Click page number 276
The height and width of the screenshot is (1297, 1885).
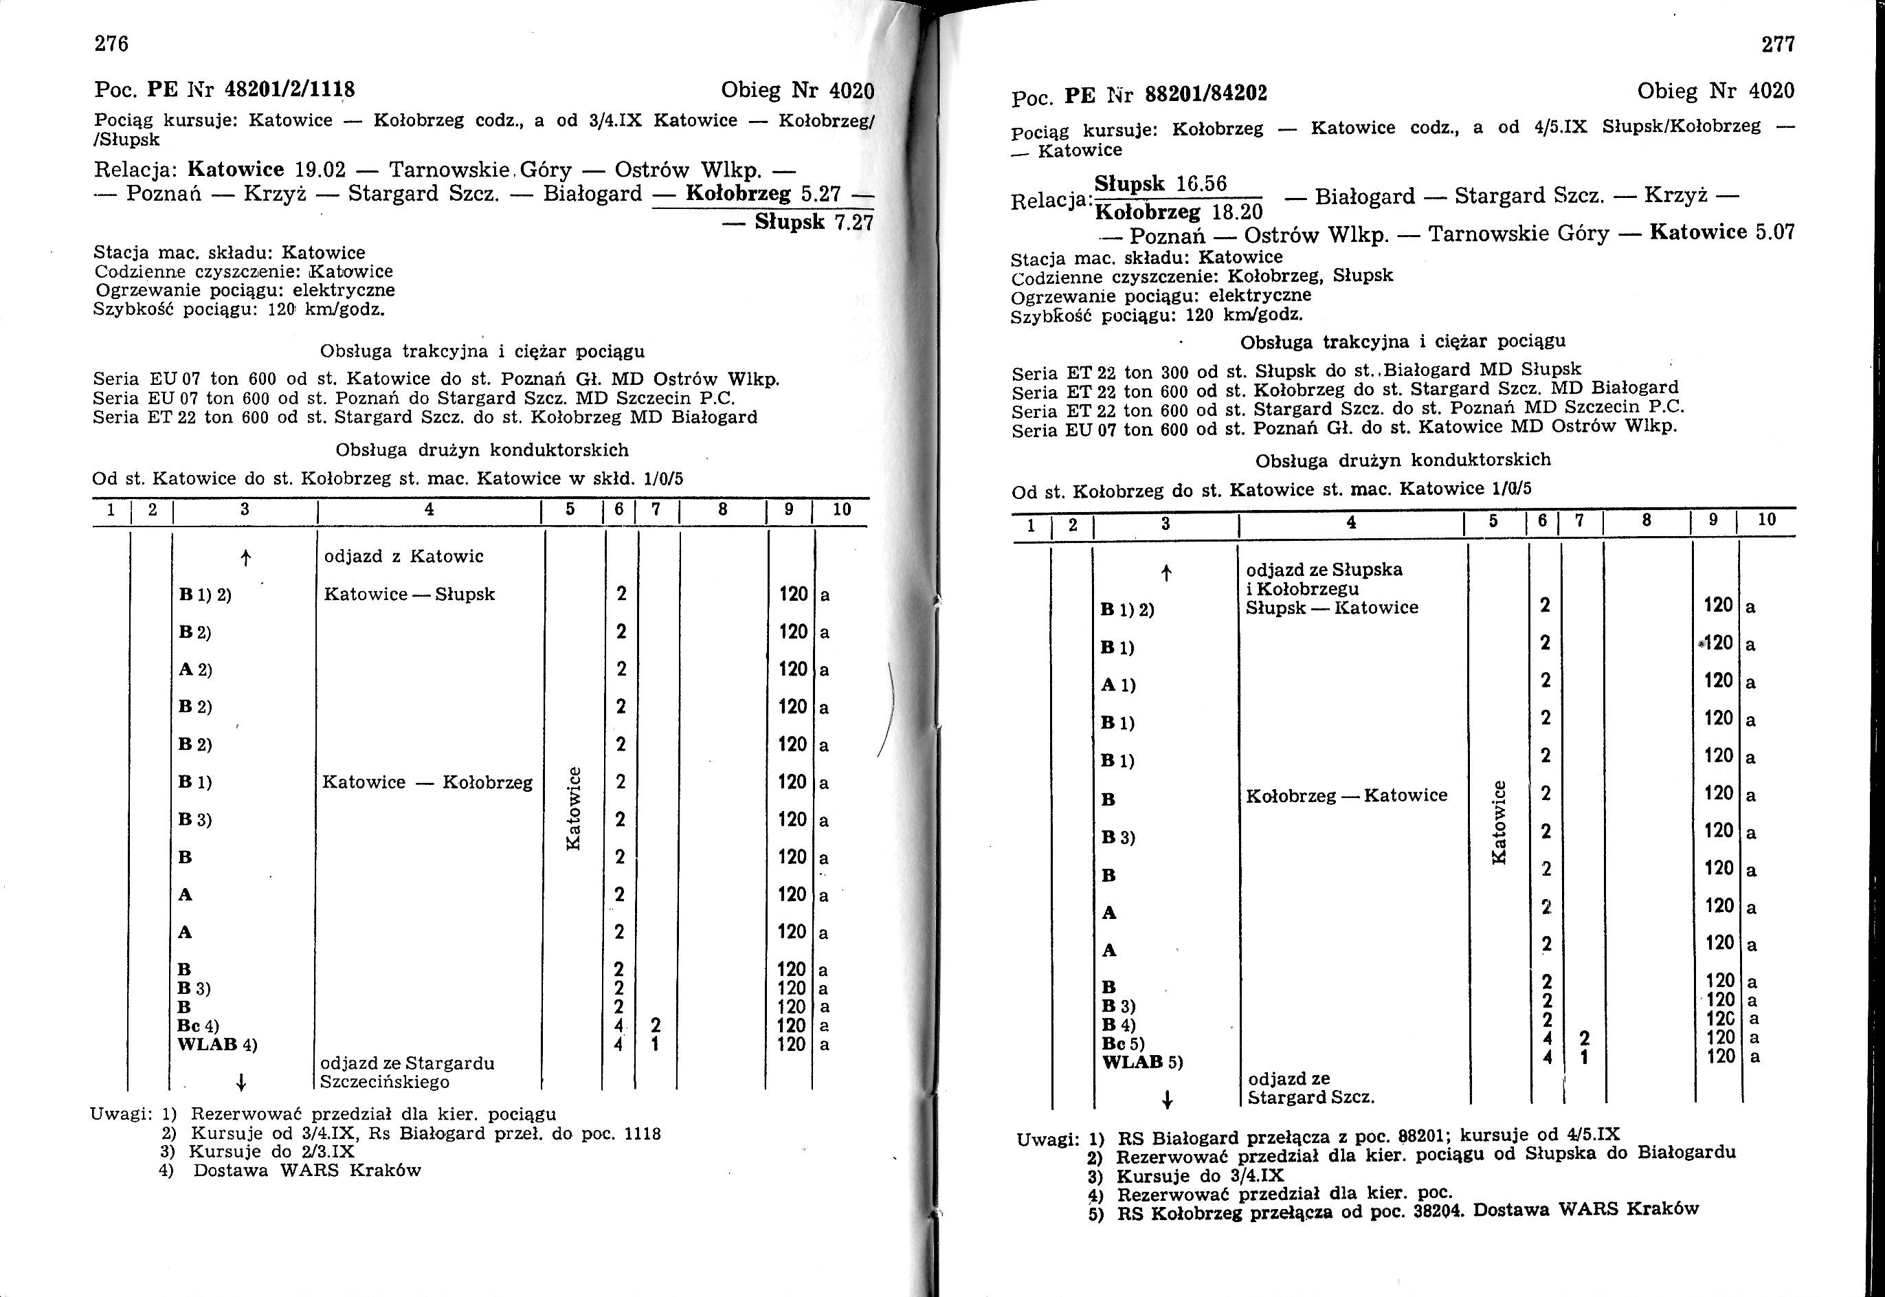111,44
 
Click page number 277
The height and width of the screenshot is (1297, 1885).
1778,45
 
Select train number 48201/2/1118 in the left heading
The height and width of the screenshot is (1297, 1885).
290,89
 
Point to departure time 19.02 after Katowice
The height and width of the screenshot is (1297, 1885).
320,170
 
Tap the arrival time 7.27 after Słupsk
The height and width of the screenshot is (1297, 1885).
853,223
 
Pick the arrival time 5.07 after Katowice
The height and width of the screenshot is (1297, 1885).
1774,233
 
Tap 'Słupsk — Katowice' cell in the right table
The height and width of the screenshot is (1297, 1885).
1332,608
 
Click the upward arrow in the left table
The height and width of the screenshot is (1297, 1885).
245,557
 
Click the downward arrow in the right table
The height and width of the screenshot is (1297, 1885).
1167,1100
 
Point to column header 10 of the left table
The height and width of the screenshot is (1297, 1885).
842,509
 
